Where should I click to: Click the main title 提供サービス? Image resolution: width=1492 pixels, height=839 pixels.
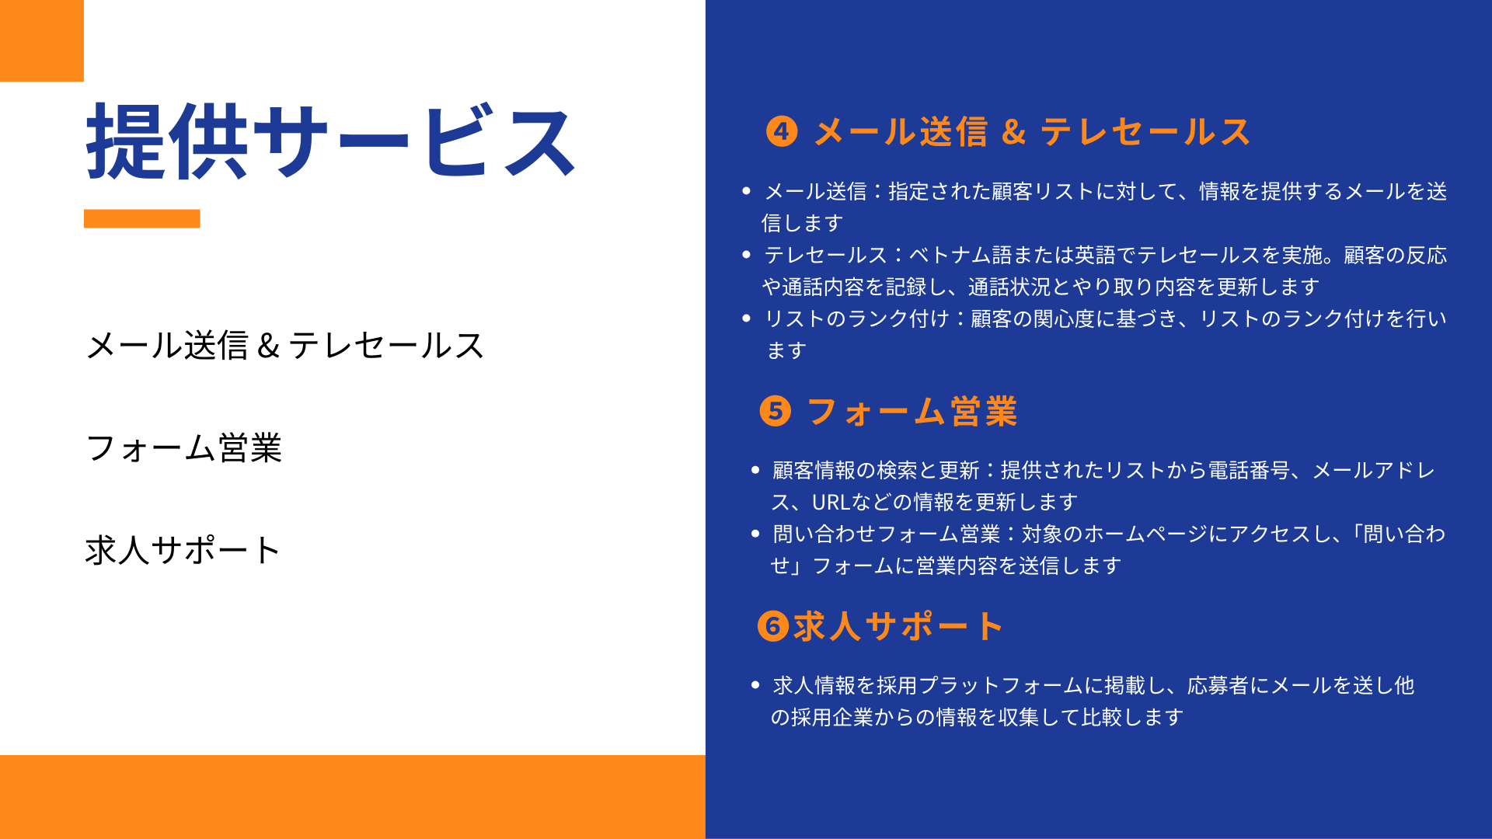pyautogui.click(x=331, y=141)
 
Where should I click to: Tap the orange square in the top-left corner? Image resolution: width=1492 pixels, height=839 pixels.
pyautogui.click(x=42, y=40)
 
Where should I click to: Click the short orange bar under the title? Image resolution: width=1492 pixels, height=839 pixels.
pyautogui.click(x=142, y=218)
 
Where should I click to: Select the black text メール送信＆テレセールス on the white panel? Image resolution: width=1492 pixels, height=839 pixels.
pyautogui.click(x=285, y=345)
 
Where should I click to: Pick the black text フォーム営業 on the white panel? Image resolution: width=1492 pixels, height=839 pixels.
pyautogui.click(x=184, y=447)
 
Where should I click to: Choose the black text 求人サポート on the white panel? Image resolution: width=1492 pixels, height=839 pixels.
pyautogui.click(x=183, y=550)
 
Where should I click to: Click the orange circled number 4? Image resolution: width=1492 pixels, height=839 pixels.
pyautogui.click(x=782, y=131)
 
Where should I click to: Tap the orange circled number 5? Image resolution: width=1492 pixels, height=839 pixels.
pyautogui.click(x=776, y=411)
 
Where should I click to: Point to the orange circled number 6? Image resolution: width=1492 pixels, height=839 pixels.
pyautogui.click(x=773, y=625)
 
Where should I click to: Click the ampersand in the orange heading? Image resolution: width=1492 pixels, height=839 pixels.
pyautogui.click(x=1013, y=132)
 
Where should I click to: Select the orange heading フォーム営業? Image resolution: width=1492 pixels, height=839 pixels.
pyautogui.click(x=912, y=411)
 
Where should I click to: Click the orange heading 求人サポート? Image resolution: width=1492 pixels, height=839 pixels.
pyautogui.click(x=898, y=625)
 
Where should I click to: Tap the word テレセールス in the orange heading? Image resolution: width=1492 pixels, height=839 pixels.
pyautogui.click(x=1145, y=131)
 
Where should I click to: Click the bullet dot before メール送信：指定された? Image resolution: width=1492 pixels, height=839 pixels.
pyautogui.click(x=747, y=190)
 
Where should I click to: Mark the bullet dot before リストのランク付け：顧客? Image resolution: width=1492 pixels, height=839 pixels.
pyautogui.click(x=747, y=318)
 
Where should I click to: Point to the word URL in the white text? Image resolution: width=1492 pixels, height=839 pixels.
pyautogui.click(x=831, y=503)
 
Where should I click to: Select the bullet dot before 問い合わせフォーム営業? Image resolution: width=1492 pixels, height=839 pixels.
pyautogui.click(x=755, y=534)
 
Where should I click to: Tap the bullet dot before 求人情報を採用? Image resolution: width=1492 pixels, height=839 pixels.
pyautogui.click(x=755, y=685)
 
